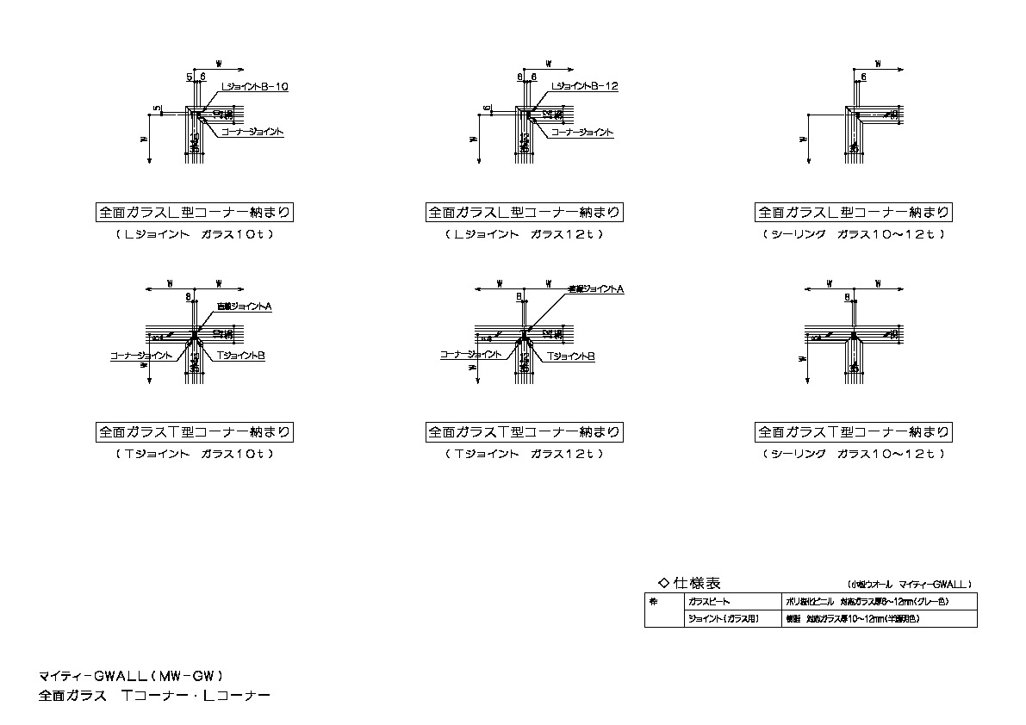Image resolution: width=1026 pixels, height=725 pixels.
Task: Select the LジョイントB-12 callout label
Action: (583, 87)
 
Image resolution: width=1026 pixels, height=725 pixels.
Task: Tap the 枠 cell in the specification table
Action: (655, 602)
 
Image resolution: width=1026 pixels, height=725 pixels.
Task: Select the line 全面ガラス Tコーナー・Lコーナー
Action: (154, 695)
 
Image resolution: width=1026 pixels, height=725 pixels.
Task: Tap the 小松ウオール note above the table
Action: (909, 583)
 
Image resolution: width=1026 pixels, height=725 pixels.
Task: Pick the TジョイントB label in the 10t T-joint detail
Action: (239, 355)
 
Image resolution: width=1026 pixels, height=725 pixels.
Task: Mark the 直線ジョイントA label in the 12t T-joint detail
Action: (595, 290)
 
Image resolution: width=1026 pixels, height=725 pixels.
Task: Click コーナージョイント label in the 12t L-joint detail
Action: (581, 133)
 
